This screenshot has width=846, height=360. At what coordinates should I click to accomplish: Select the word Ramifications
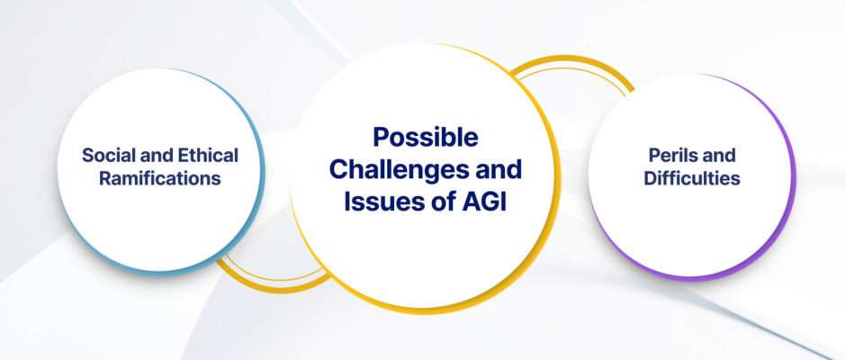tap(160, 178)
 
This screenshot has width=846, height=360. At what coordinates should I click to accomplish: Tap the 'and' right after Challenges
tap(497, 169)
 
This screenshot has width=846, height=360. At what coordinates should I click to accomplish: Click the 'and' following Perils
tap(720, 156)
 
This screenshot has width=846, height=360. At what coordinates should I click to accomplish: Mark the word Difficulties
tap(692, 178)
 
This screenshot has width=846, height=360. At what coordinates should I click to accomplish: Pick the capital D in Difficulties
tap(651, 178)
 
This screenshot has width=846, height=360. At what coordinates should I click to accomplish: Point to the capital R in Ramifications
tap(106, 178)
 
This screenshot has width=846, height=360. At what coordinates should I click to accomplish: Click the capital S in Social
tap(88, 156)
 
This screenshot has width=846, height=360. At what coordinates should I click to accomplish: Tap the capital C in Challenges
tap(338, 169)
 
